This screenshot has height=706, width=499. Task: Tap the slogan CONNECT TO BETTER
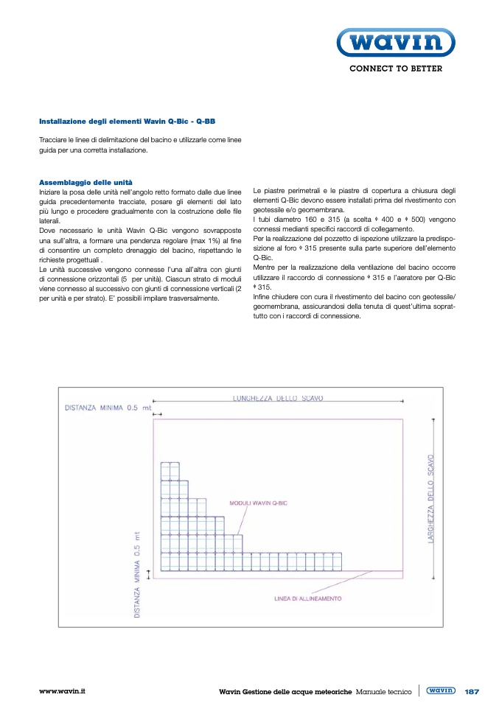click(x=395, y=69)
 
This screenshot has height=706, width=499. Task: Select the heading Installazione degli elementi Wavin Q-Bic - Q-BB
click(x=127, y=121)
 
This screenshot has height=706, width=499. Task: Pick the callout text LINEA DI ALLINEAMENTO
click(x=308, y=598)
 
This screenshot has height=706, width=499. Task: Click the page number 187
click(x=472, y=692)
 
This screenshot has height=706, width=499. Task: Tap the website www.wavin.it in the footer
click(x=63, y=691)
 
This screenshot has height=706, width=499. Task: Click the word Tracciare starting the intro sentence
click(x=55, y=139)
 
